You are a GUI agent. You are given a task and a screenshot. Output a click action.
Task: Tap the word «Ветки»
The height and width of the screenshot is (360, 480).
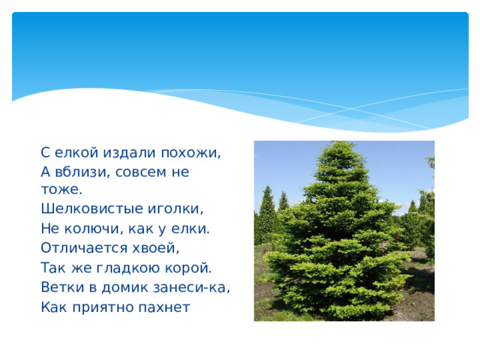pos(61,286)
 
